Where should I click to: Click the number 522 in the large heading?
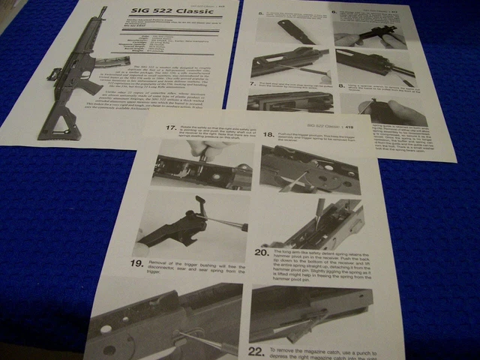pyautogui.click(x=158, y=14)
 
